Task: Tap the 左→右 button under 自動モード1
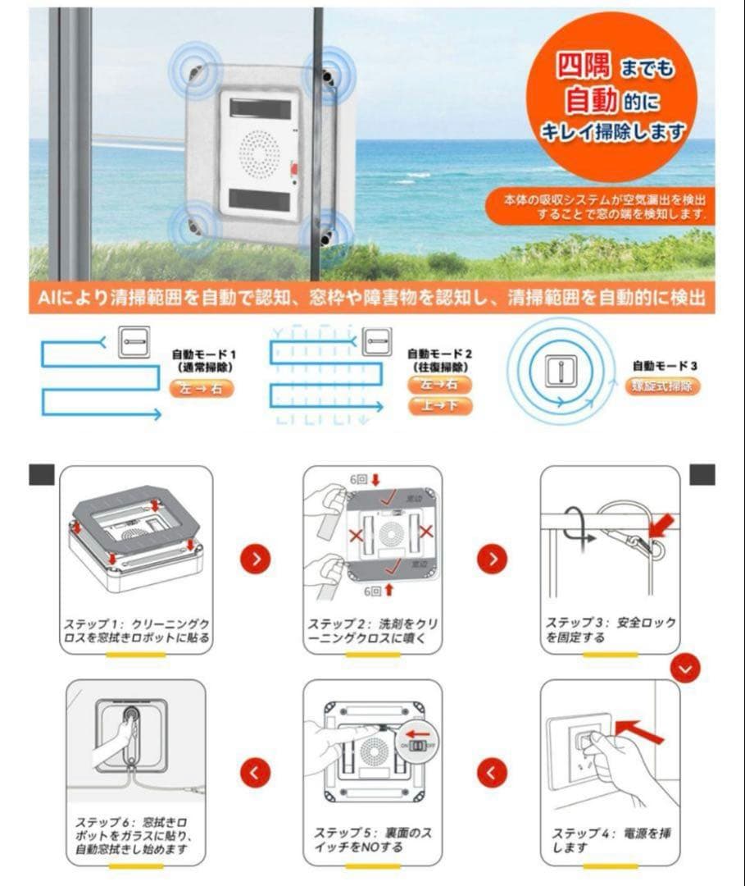tap(201, 388)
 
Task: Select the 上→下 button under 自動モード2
tap(439, 405)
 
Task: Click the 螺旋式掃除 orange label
tap(663, 386)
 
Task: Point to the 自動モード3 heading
tap(665, 366)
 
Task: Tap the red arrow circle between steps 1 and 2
tap(257, 559)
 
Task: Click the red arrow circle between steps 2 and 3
tap(492, 559)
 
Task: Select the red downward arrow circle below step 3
tap(685, 669)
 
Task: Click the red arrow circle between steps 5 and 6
tap(257, 772)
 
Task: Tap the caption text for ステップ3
tap(611, 630)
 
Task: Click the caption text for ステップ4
tap(611, 839)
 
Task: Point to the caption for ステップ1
tap(136, 630)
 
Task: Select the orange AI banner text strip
tap(371, 297)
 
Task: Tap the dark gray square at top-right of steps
tap(702, 475)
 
